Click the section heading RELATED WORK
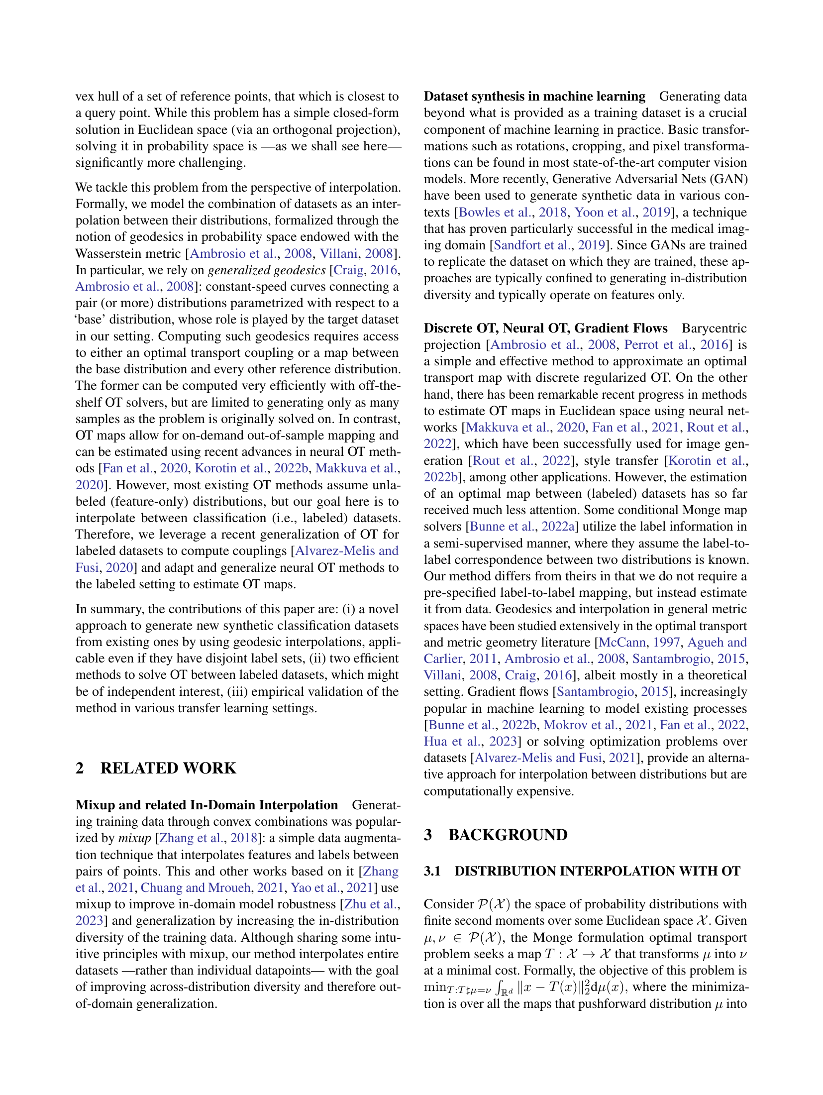coord(168,768)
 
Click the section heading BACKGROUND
coord(508,835)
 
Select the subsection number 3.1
coord(432,871)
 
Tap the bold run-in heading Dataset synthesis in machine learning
coord(534,96)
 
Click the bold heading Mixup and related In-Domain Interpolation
coord(206,805)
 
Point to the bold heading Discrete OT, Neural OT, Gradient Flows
coord(545,328)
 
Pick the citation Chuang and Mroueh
coord(196,887)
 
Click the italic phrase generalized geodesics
coord(267,270)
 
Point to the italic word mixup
coord(134,838)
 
